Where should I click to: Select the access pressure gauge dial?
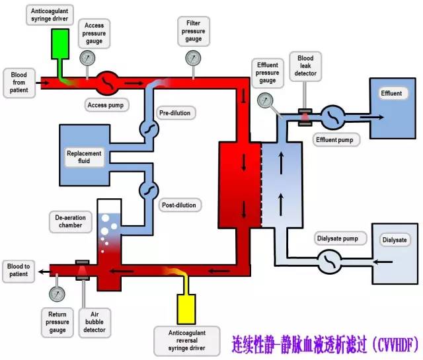pos(87,58)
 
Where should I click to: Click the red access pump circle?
pos(108,84)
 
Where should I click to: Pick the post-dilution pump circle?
pos(147,190)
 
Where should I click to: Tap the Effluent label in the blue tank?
pos(391,94)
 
